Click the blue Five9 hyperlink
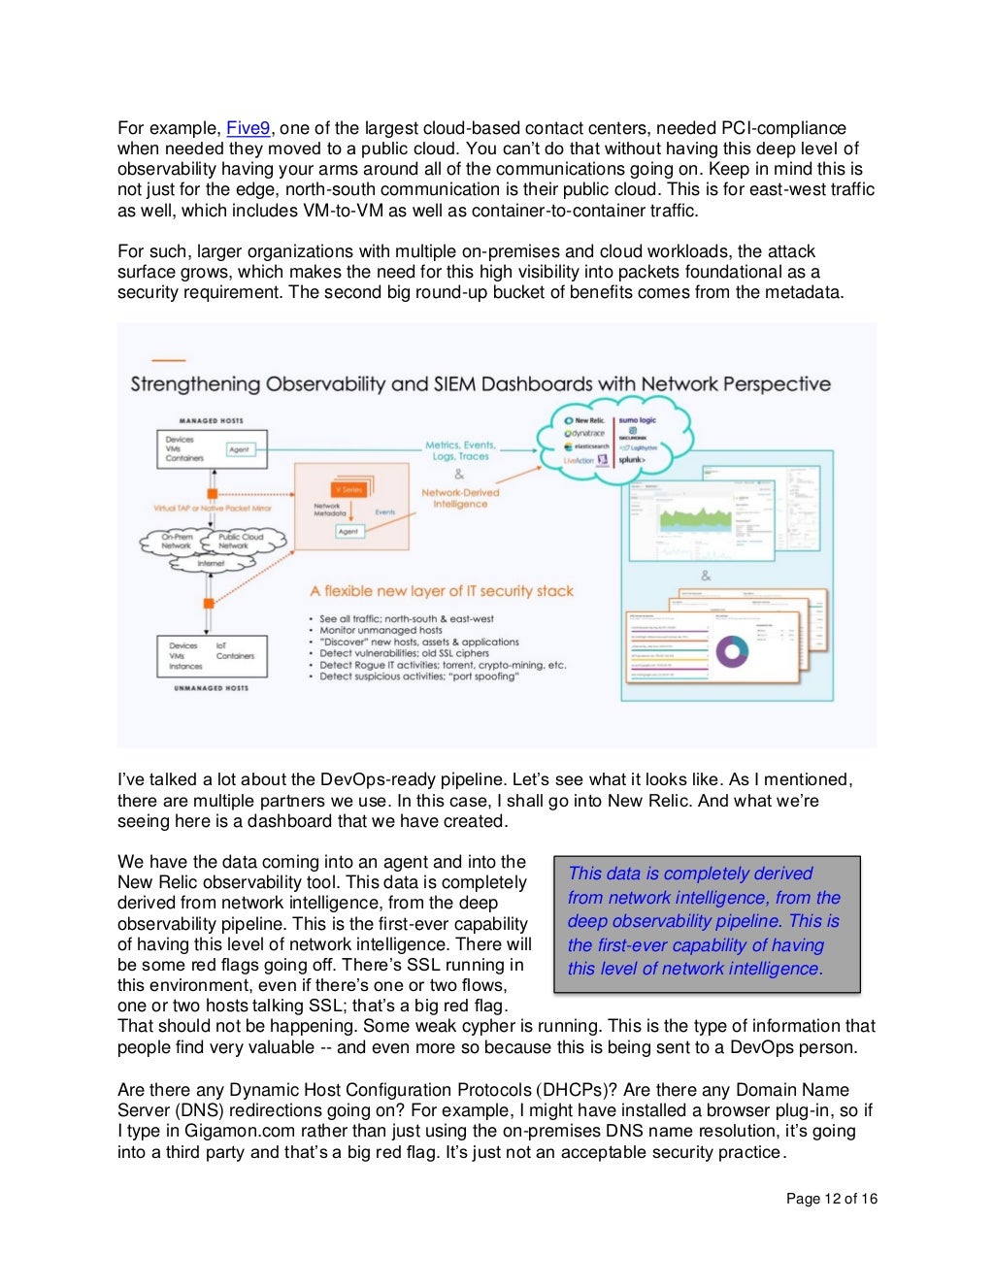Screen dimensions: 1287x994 click(x=248, y=128)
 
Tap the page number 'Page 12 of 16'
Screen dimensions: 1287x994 click(x=831, y=1199)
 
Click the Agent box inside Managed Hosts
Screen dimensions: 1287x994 click(x=239, y=449)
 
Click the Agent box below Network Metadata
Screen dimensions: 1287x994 click(x=348, y=531)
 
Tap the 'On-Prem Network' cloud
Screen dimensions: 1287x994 click(x=176, y=542)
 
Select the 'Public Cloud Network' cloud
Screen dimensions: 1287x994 click(x=241, y=542)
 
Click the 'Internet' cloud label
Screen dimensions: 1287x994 click(x=211, y=563)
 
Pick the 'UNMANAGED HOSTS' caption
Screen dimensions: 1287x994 click(x=211, y=688)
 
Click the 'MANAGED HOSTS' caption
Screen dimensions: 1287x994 click(x=211, y=421)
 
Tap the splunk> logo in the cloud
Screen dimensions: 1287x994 click(x=632, y=460)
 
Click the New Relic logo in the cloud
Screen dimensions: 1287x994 click(x=584, y=421)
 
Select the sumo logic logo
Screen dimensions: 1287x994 click(x=638, y=421)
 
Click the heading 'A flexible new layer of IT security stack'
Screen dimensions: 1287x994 click(x=442, y=591)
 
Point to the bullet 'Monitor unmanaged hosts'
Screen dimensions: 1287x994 click(x=381, y=630)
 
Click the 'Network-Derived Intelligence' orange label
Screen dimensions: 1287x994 click(x=460, y=498)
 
